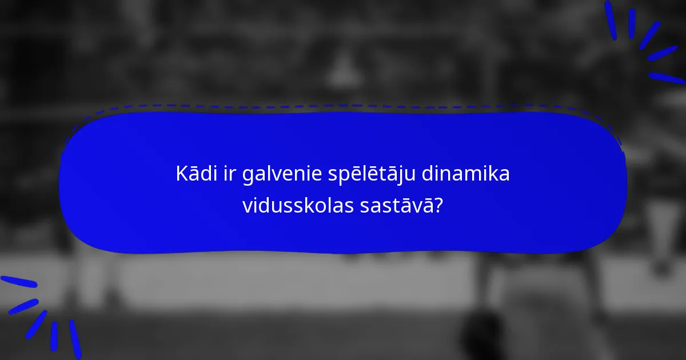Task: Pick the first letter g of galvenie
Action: tap(248, 177)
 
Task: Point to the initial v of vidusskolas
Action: tap(247, 206)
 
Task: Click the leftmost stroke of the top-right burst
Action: tap(611, 20)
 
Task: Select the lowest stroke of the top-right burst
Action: tap(667, 78)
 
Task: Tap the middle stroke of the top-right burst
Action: tap(649, 35)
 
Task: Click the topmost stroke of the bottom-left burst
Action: tap(18, 282)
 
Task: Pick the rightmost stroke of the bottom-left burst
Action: tap(75, 338)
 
